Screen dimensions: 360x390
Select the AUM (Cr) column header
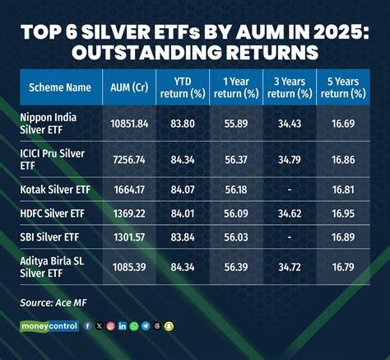pos(129,87)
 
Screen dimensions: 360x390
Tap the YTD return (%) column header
pos(186,87)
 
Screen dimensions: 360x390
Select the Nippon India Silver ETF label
pos(54,124)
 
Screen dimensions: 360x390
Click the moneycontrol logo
pos(49,326)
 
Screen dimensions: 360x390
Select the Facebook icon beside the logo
pos(88,326)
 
